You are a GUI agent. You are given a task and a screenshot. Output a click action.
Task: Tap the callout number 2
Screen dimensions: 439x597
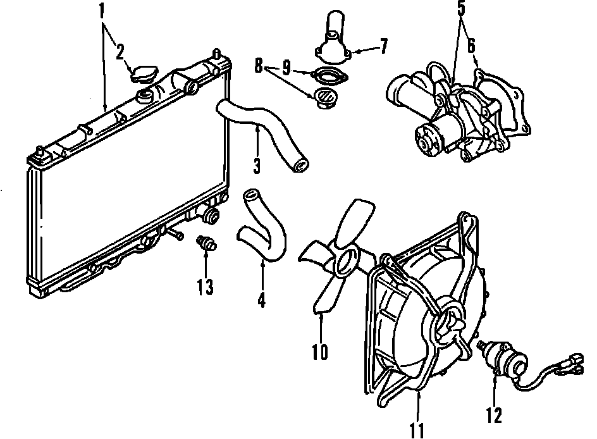click(120, 52)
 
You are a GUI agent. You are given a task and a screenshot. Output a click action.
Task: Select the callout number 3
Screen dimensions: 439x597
click(256, 166)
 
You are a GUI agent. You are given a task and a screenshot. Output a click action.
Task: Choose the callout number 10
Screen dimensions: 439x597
click(320, 351)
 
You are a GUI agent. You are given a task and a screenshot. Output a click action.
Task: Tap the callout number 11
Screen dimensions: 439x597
click(417, 430)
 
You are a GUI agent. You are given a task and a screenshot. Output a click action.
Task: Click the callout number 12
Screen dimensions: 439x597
click(494, 415)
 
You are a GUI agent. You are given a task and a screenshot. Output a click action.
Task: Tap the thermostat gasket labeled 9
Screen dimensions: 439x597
click(328, 78)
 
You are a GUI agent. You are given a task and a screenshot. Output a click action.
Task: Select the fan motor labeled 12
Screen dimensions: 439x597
click(507, 357)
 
